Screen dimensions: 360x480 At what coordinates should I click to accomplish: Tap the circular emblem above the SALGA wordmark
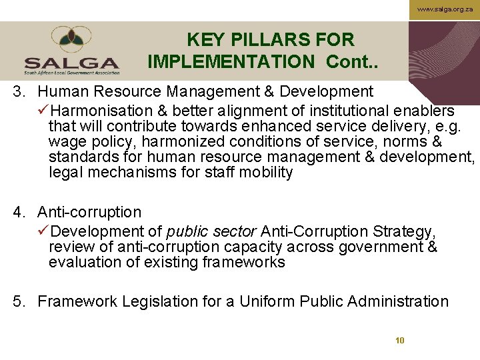tap(72, 39)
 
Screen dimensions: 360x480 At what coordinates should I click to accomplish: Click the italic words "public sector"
tap(211, 231)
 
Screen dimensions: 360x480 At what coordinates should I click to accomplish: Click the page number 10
tap(400, 340)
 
